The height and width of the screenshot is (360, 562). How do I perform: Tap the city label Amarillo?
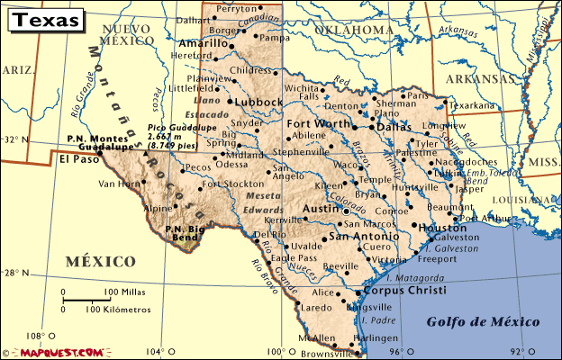point(204,43)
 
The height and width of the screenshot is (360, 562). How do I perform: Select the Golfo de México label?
point(483,321)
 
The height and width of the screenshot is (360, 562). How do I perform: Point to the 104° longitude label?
point(157,351)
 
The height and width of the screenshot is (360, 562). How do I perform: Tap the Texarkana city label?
point(473,104)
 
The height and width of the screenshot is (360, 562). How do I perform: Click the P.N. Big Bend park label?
point(186,233)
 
